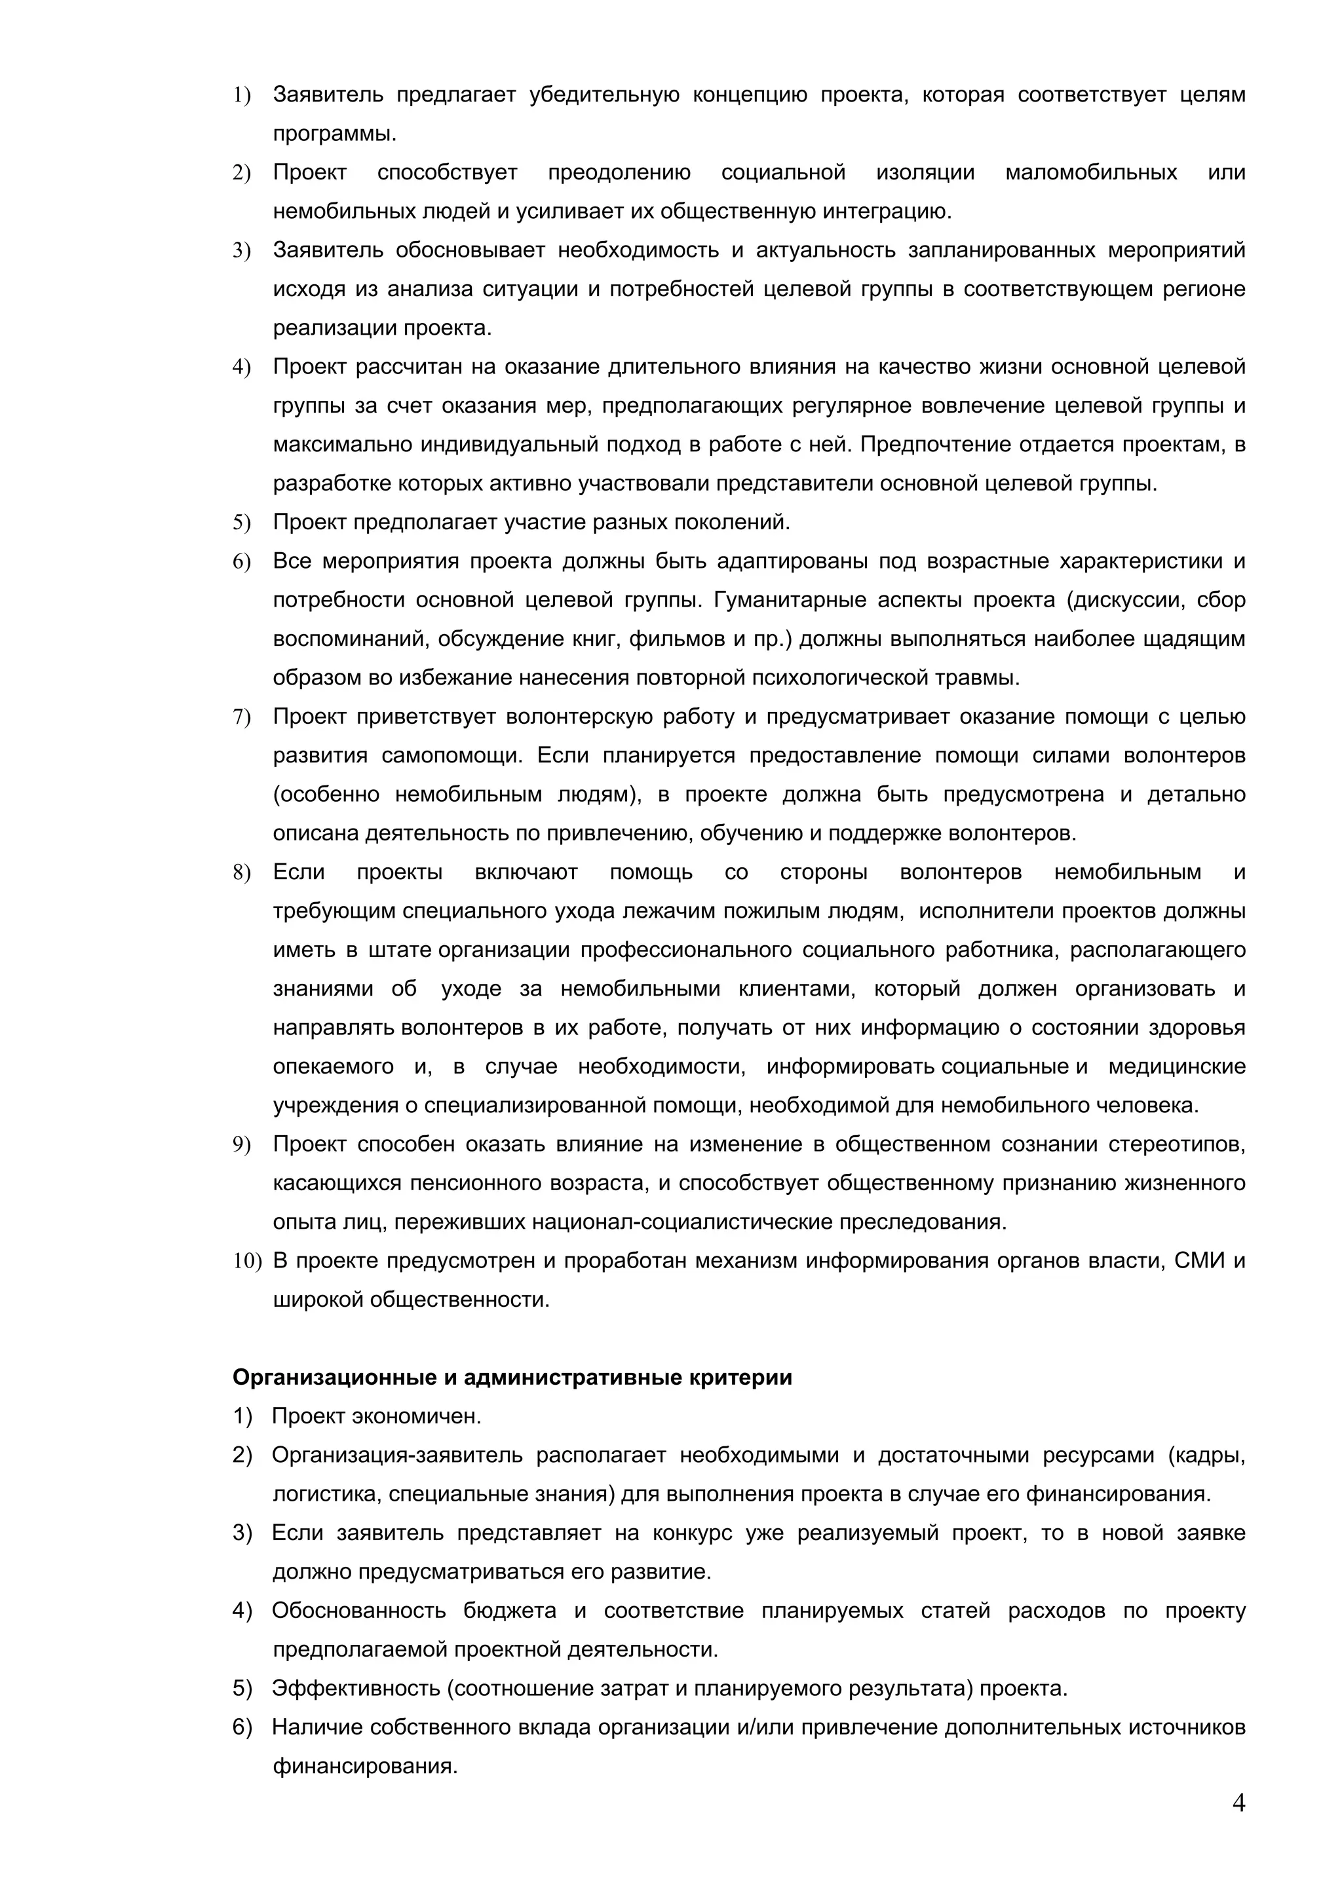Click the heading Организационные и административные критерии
pyautogui.click(x=512, y=1378)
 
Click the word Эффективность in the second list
pyautogui.click(x=356, y=1688)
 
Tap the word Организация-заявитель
pyautogui.click(x=396, y=1455)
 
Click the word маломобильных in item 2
pyautogui.click(x=1091, y=173)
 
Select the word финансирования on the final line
pyautogui.click(x=364, y=1767)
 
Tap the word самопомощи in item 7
pyautogui.click(x=452, y=755)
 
